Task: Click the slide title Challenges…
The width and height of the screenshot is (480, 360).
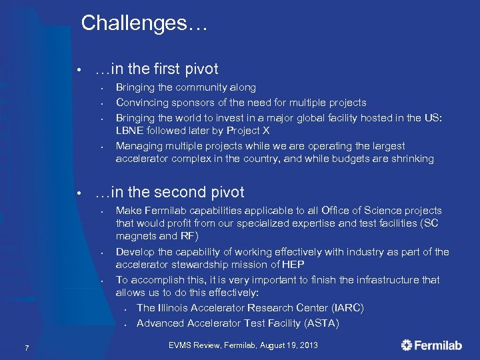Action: coord(145,24)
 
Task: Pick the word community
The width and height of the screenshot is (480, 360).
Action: coord(200,87)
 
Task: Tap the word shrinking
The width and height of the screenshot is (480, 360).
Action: coord(411,159)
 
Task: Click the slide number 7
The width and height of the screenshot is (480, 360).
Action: coord(25,346)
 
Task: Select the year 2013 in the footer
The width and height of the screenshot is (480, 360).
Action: coord(307,345)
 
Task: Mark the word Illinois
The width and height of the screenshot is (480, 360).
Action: coord(177,308)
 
